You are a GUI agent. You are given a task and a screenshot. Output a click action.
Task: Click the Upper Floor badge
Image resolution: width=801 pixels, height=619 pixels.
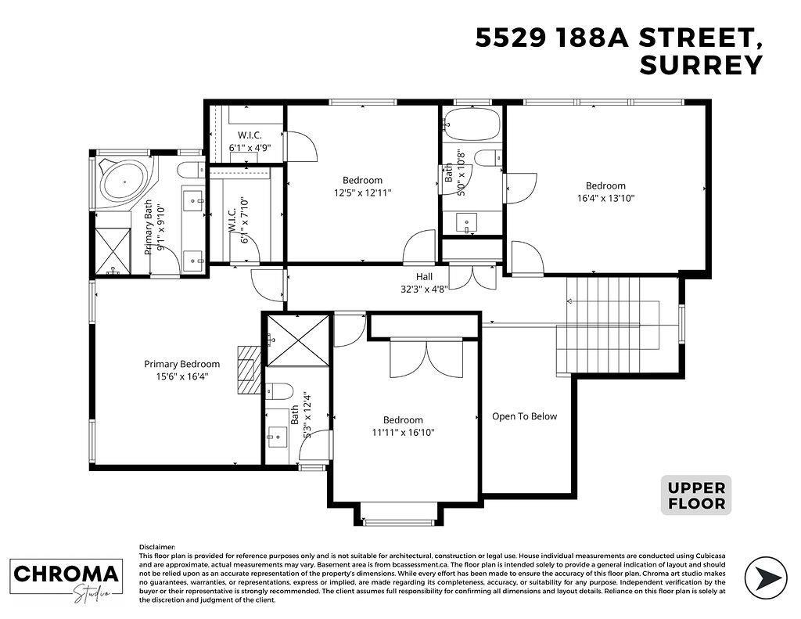(695, 495)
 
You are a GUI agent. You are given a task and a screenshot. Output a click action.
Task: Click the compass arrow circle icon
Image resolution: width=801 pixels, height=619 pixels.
(766, 578)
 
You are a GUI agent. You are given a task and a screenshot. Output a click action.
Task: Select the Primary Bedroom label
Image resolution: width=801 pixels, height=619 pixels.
(181, 364)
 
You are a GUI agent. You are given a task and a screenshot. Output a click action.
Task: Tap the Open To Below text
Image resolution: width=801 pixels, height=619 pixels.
(524, 416)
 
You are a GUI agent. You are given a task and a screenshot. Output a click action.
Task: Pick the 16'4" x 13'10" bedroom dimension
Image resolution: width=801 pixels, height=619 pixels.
(605, 199)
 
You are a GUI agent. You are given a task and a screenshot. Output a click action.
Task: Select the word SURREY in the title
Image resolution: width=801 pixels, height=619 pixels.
(700, 67)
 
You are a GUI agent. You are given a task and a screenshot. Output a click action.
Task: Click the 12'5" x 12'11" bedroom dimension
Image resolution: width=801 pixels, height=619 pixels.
(361, 193)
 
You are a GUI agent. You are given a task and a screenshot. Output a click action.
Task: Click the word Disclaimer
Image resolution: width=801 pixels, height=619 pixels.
(157, 547)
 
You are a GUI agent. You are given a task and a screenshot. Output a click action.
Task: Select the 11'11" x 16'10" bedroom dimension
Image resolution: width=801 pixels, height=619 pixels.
(403, 432)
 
